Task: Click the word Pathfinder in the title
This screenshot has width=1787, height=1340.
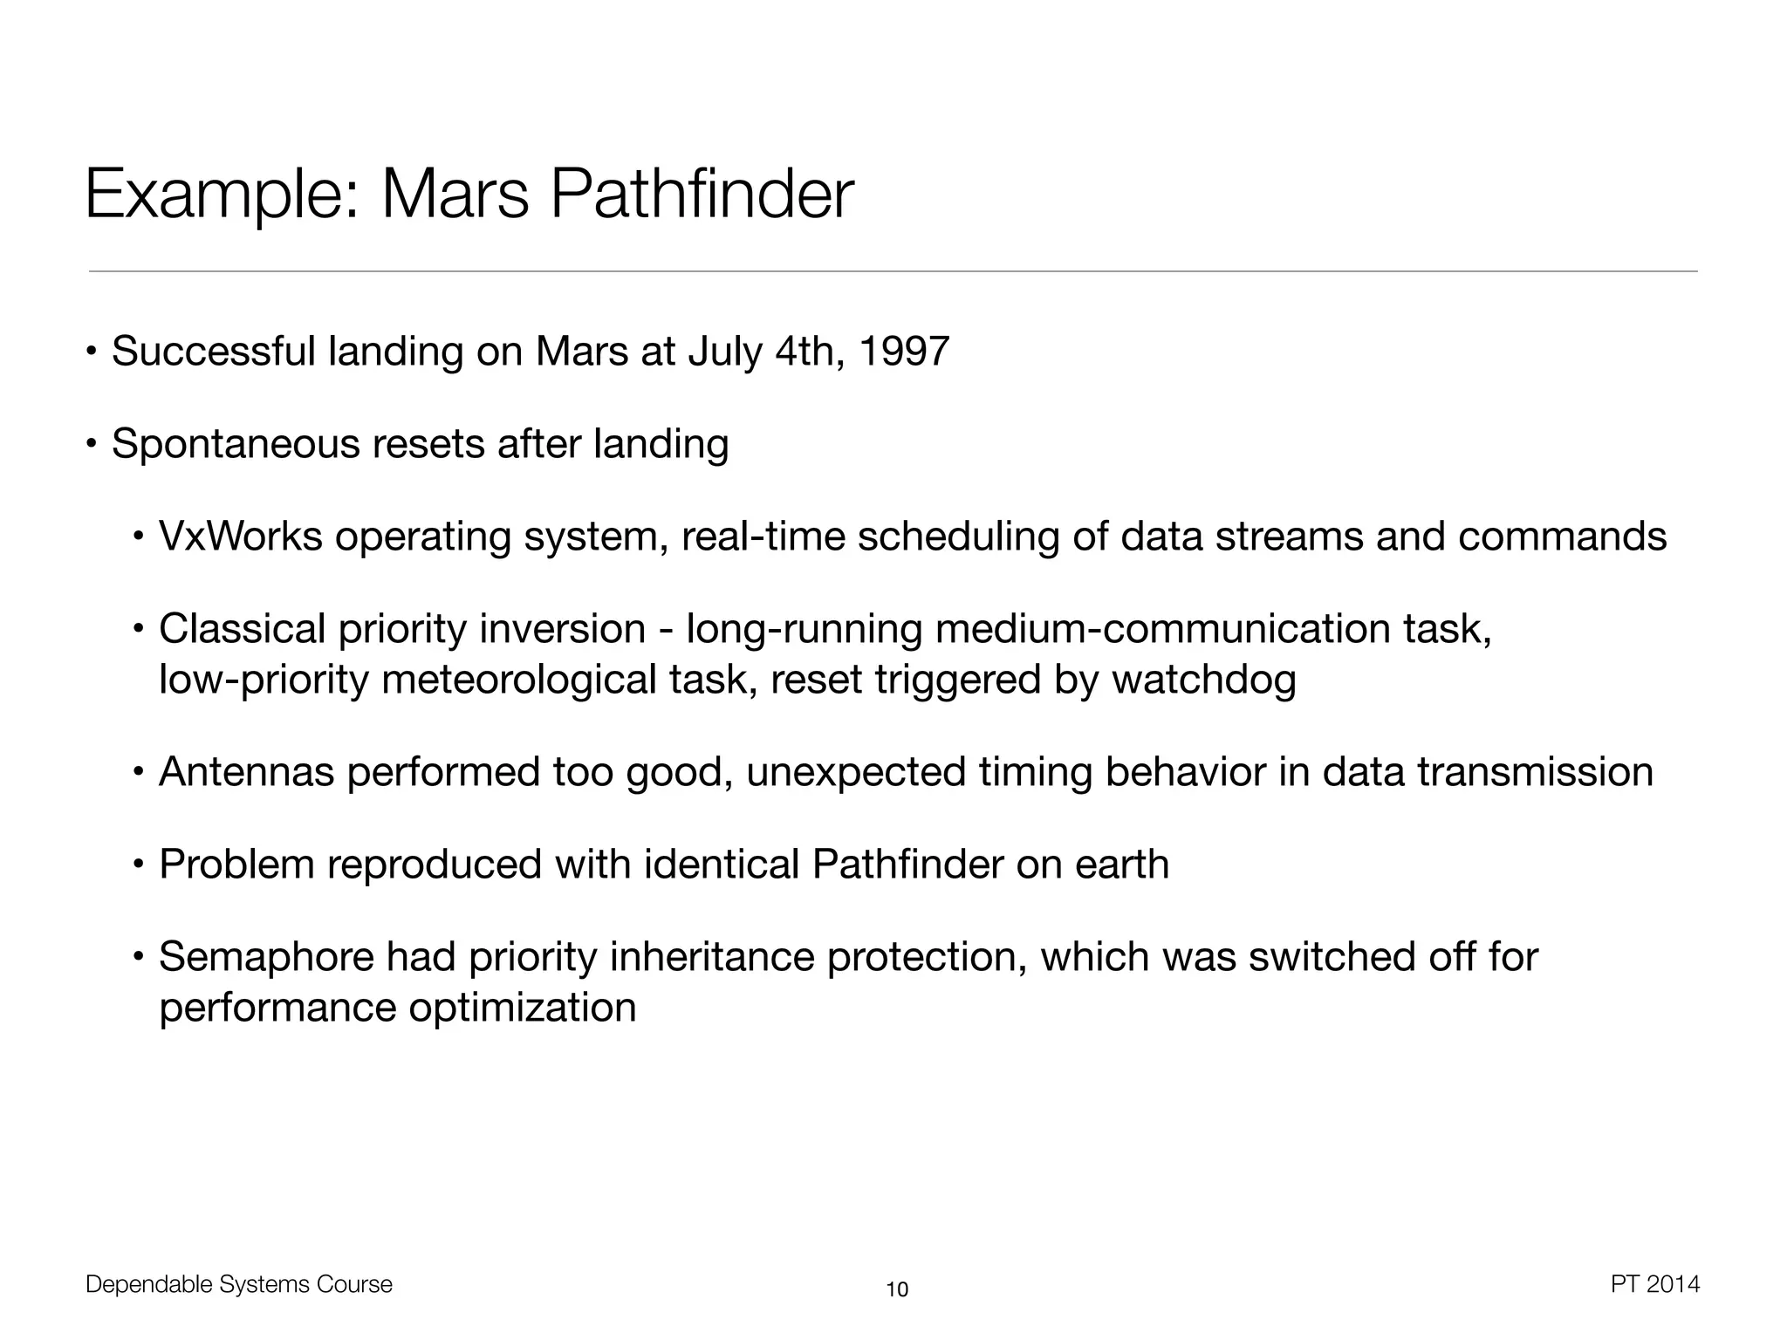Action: (x=702, y=194)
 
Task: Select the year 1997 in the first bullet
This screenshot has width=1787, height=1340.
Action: (x=904, y=351)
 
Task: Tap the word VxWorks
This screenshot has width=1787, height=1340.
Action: (x=241, y=536)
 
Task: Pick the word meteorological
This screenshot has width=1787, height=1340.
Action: (x=518, y=680)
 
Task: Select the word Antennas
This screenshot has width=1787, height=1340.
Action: (x=246, y=772)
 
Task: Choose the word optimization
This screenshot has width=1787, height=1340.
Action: (x=523, y=1008)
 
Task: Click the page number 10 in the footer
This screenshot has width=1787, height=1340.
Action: (x=897, y=1289)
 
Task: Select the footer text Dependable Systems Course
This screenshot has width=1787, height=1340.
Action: (x=239, y=1284)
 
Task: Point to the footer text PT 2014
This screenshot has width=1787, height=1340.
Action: (x=1655, y=1284)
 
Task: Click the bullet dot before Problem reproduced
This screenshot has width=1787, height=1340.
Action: (x=138, y=865)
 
